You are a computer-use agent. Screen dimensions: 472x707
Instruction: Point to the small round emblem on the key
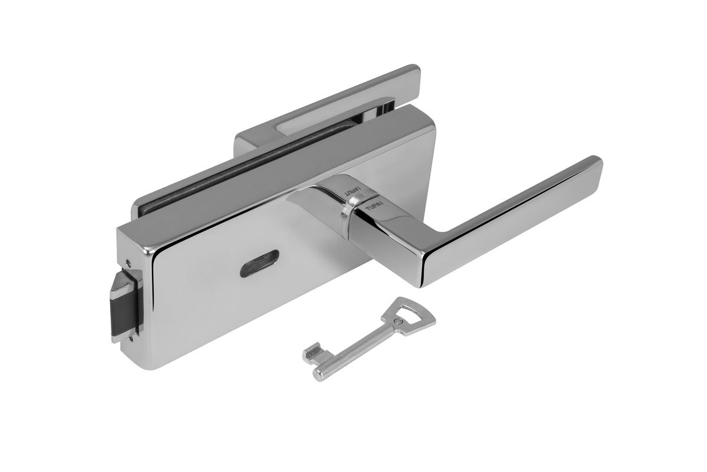click(x=401, y=322)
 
